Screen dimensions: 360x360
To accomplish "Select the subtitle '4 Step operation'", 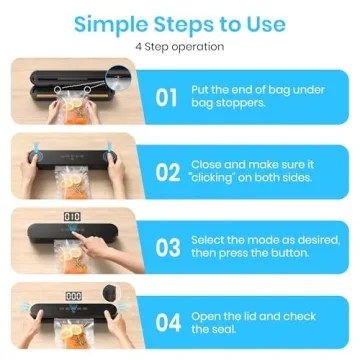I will (x=180, y=47).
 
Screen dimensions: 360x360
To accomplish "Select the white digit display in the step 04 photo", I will (x=71, y=294).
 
